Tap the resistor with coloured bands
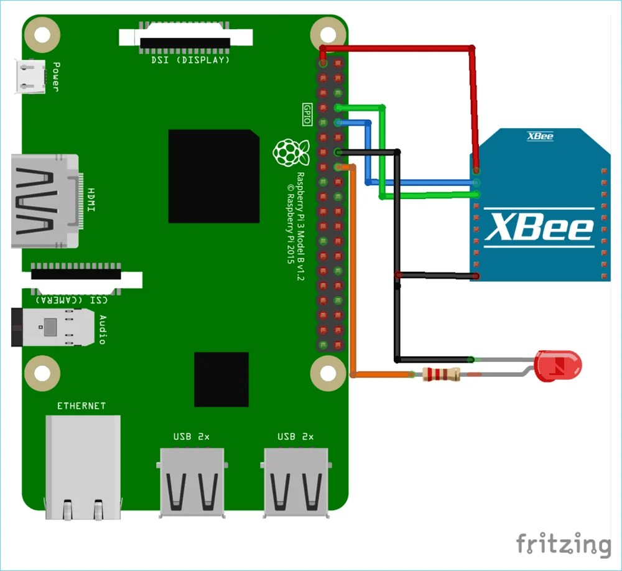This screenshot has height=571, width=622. click(440, 374)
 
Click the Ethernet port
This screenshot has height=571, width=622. click(83, 467)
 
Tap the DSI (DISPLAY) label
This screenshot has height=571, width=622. click(190, 60)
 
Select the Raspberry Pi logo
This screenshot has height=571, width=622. click(290, 153)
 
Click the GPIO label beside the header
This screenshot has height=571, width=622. click(306, 114)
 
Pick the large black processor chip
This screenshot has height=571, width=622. click(213, 176)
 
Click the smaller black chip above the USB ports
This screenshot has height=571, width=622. click(221, 379)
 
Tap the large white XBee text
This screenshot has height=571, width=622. click(539, 226)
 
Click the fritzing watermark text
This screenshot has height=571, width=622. click(563, 544)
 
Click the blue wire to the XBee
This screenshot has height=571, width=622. click(423, 182)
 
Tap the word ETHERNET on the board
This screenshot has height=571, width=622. click(81, 406)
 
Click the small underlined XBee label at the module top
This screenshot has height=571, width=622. click(540, 136)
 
